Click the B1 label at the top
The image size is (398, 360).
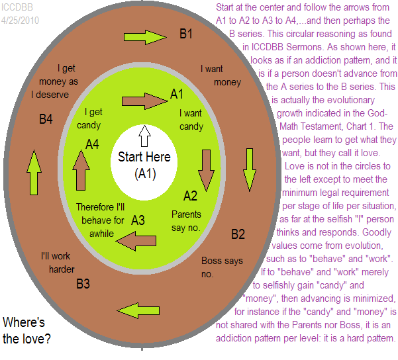pos(186,33)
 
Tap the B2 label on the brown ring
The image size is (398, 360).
pos(238,234)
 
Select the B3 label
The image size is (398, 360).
pos(83,285)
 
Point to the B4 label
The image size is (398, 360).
pos(46,119)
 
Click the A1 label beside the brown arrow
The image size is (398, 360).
pos(177,94)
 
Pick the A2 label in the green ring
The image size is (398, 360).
pos(190,195)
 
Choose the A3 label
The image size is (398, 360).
pos(138,219)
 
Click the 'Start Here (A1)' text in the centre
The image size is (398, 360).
pos(144,165)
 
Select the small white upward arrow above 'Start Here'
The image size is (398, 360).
pos(144,136)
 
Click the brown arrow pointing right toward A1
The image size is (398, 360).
pos(144,101)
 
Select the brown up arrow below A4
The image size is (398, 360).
pos(81,169)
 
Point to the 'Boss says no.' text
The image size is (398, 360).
pos(221,267)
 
